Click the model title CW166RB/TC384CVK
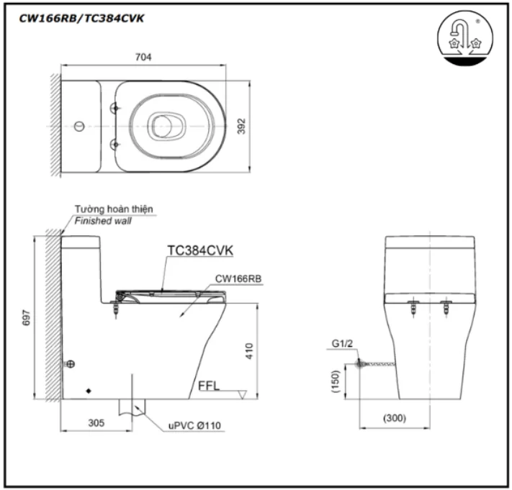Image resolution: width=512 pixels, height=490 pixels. tap(81, 19)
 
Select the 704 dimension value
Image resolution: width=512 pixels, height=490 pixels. tap(143, 57)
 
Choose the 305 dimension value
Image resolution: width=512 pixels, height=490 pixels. tap(96, 423)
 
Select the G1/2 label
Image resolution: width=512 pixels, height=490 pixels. tap(343, 344)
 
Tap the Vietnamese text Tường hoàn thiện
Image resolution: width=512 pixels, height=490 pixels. tap(114, 209)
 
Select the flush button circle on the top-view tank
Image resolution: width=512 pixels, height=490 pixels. tap(78, 127)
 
